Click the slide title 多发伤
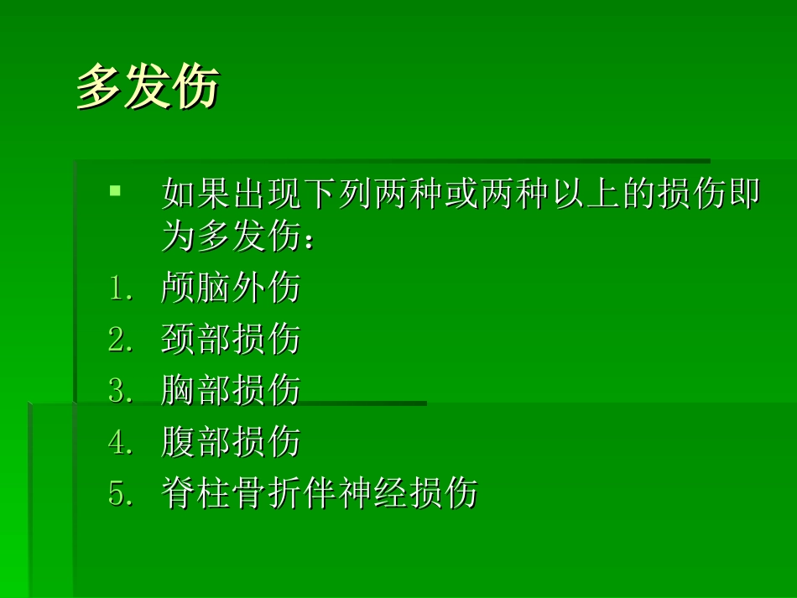pyautogui.click(x=148, y=87)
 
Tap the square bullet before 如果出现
pyautogui.click(x=115, y=191)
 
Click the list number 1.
pyautogui.click(x=120, y=289)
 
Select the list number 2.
pyautogui.click(x=120, y=340)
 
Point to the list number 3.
pyautogui.click(x=120, y=391)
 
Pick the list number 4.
pyautogui.click(x=120, y=442)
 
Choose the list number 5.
pyautogui.click(x=120, y=493)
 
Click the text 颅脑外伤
pyautogui.click(x=231, y=289)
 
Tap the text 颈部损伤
pyautogui.click(x=231, y=340)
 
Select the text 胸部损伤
pyautogui.click(x=231, y=391)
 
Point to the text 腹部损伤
pyautogui.click(x=231, y=442)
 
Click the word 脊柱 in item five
pyautogui.click(x=196, y=493)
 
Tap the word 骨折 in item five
pyautogui.click(x=267, y=493)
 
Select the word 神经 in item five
pyautogui.click(x=372, y=493)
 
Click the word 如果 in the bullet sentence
pyautogui.click(x=196, y=194)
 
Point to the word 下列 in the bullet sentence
pyautogui.click(x=337, y=194)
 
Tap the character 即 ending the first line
pyautogui.click(x=745, y=194)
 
